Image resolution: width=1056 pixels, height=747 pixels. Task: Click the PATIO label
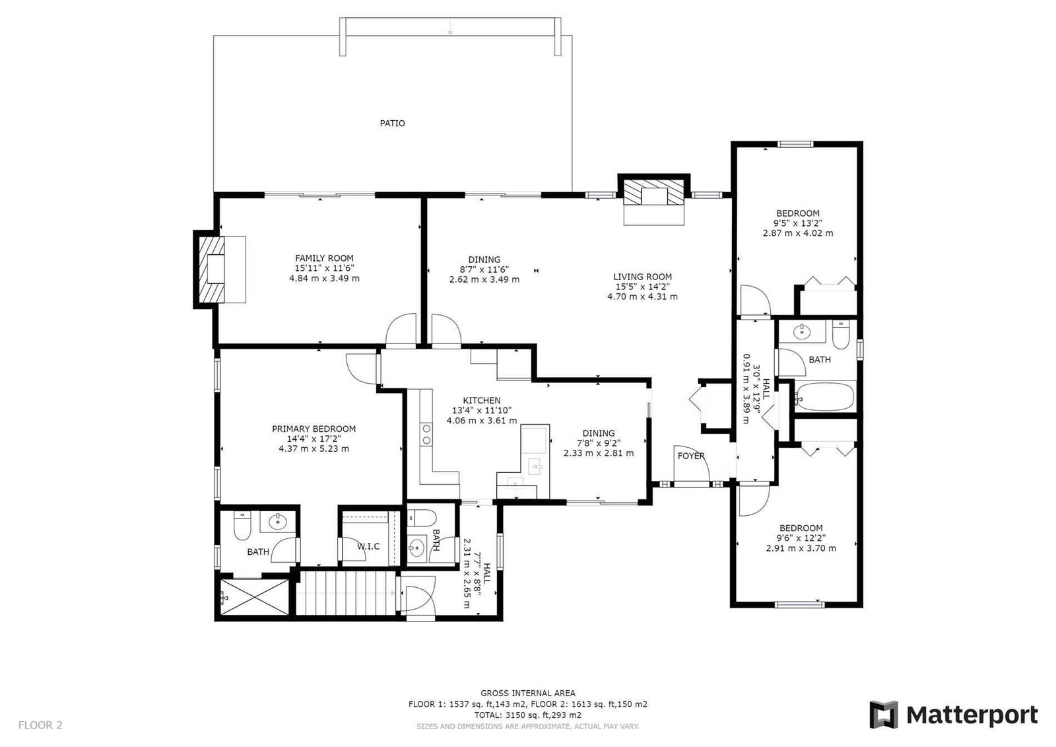click(x=392, y=123)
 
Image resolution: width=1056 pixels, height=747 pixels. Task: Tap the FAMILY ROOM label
click(x=324, y=258)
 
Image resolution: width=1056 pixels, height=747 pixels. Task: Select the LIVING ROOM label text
click(x=643, y=277)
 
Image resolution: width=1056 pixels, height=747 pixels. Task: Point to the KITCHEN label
click(x=482, y=400)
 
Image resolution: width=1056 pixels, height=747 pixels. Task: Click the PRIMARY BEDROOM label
click(x=314, y=429)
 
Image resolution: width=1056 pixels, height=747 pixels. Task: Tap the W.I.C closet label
click(x=368, y=546)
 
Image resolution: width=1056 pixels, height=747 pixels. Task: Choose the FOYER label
click(x=691, y=456)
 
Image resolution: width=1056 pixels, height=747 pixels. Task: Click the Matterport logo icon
click(x=884, y=715)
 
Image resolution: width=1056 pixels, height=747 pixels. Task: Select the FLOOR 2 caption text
click(x=40, y=725)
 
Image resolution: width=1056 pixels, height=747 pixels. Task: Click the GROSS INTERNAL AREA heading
click(x=528, y=694)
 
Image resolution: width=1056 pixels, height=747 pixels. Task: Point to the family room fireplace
click(x=220, y=269)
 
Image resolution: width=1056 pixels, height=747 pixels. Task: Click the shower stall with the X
click(x=254, y=597)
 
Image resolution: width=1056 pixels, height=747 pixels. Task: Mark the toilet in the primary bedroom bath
click(x=242, y=526)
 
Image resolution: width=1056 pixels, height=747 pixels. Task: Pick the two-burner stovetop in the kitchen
click(x=426, y=435)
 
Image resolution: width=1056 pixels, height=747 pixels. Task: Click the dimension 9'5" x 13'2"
click(x=798, y=223)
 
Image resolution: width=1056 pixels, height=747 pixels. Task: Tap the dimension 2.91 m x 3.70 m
click(x=801, y=548)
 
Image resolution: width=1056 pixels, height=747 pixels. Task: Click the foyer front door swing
click(x=692, y=462)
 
